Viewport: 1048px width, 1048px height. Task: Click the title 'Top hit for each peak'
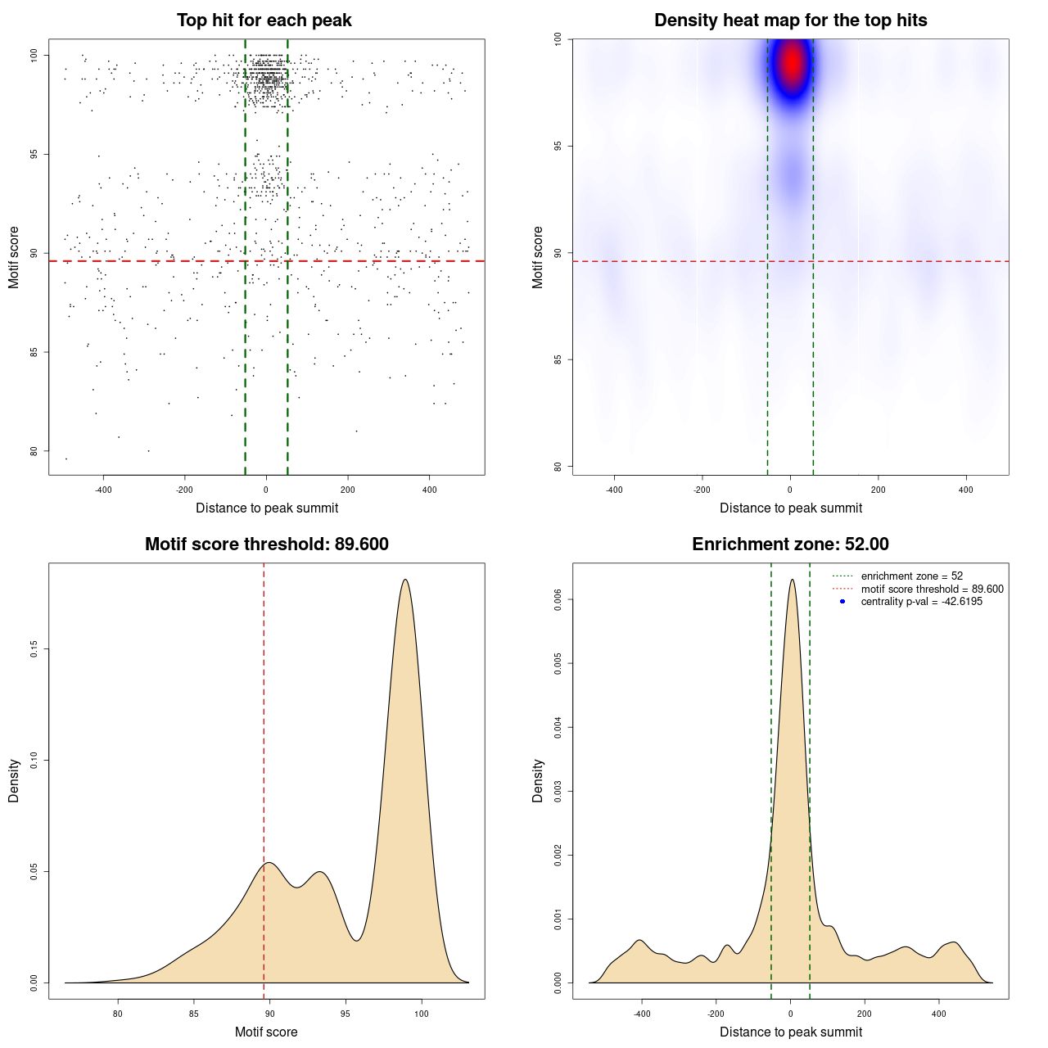[x=264, y=20]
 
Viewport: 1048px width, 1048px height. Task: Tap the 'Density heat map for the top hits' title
[x=790, y=20]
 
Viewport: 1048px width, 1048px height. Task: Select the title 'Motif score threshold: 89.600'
[x=266, y=544]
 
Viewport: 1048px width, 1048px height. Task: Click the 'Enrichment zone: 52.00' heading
[x=790, y=544]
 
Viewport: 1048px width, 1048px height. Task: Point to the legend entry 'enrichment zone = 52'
[x=911, y=576]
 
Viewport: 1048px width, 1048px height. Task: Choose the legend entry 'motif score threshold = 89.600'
[x=932, y=589]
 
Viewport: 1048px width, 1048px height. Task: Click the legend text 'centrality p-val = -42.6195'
[x=921, y=602]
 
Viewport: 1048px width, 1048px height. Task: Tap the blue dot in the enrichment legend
[x=842, y=602]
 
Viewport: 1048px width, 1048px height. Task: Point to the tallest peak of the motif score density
[x=405, y=580]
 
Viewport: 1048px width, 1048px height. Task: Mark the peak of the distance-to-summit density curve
[x=791, y=580]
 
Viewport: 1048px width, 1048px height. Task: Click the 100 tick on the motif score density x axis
[x=422, y=1014]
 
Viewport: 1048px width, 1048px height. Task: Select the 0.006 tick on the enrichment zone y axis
[x=558, y=599]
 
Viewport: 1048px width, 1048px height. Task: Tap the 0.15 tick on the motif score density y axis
[x=34, y=649]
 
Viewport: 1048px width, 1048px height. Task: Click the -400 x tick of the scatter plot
[x=103, y=490]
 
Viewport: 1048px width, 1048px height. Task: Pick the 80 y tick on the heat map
[x=558, y=467]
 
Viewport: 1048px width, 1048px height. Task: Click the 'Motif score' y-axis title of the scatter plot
[x=14, y=257]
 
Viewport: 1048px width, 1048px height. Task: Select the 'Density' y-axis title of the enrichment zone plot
[x=538, y=781]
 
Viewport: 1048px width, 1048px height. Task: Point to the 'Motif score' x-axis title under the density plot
[x=266, y=1032]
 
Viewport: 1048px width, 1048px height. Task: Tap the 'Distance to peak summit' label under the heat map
[x=790, y=508]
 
